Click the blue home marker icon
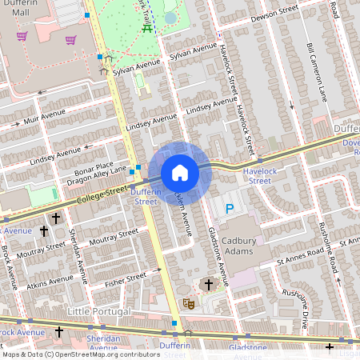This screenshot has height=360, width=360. coord(180,173)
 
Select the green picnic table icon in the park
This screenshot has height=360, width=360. coord(148,28)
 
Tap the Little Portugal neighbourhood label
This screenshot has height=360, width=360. coord(99,311)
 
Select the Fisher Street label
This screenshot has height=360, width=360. coord(126,278)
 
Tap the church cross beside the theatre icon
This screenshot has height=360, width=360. coord(209,284)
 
